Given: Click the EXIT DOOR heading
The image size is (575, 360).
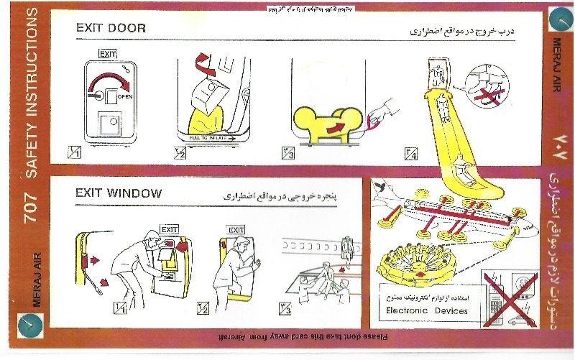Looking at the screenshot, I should [111, 29].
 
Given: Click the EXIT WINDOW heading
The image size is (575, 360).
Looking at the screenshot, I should [119, 193].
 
